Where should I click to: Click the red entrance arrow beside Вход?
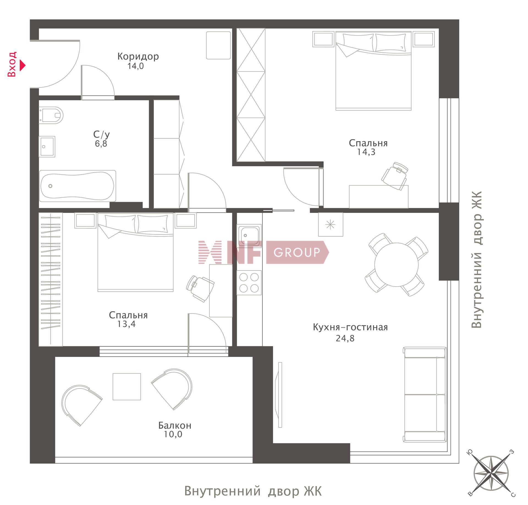[23, 65]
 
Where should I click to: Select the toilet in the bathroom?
[51, 115]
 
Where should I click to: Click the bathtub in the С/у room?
[78, 186]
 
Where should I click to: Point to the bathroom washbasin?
[47, 146]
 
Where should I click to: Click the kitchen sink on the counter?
[249, 235]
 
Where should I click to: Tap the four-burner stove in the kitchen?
[249, 282]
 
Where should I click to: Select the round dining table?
[396, 265]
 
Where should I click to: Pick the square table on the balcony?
[127, 387]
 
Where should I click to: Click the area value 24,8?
[345, 338]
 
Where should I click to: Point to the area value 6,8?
[101, 143]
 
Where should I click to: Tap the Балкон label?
[175, 426]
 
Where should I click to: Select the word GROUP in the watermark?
[297, 252]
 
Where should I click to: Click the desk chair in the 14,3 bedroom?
[395, 176]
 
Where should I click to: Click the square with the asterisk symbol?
[331, 224]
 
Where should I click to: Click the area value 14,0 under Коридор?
[136, 66]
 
